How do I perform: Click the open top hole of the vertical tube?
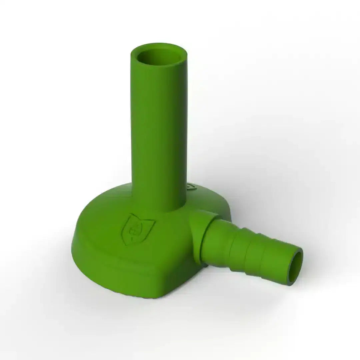click(x=159, y=57)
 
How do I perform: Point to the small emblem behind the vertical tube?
click(x=191, y=186)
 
